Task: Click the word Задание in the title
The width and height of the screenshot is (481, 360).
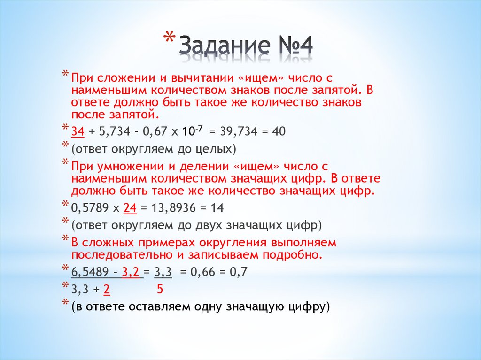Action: (x=225, y=47)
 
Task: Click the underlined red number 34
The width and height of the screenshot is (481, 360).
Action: (x=78, y=132)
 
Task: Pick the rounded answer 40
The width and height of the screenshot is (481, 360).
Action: (x=278, y=132)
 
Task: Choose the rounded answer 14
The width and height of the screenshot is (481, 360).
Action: (x=217, y=207)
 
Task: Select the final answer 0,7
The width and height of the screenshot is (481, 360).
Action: (x=239, y=272)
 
